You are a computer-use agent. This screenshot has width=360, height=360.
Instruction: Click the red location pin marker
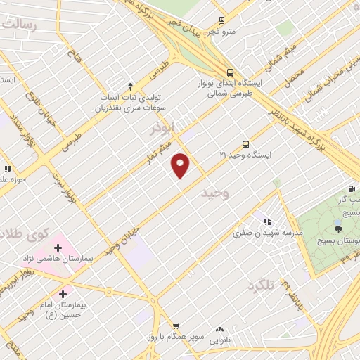pos(181,165)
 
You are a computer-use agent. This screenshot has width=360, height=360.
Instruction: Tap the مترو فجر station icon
pos(222,20)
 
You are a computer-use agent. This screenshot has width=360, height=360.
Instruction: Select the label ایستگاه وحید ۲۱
pos(245,153)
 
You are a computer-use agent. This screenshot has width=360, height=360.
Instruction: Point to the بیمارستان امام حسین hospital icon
pos(63,293)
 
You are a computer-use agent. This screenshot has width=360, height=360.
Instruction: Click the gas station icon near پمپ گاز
pos(351,188)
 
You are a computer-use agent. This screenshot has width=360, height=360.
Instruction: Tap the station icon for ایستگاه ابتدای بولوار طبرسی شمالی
pos(230,72)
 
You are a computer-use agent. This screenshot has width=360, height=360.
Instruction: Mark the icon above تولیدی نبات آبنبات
pos(130,86)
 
